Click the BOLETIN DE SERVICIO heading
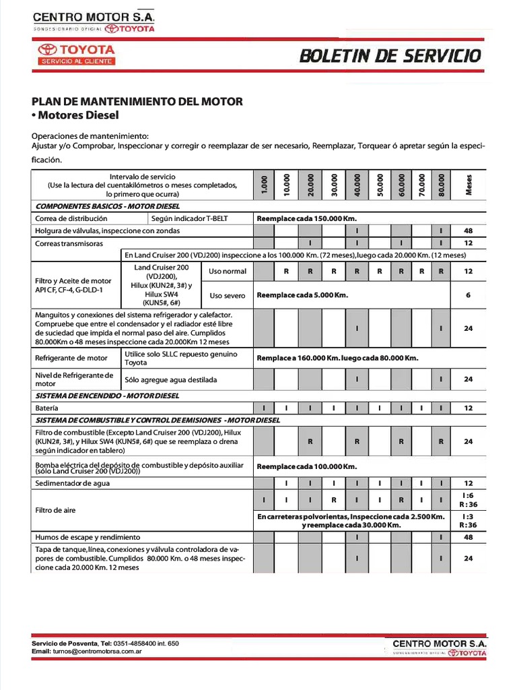[x=390, y=56]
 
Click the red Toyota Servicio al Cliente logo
[x=76, y=55]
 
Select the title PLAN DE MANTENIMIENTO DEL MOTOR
[x=137, y=101]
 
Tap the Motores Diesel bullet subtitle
[x=75, y=115]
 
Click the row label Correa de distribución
[x=71, y=218]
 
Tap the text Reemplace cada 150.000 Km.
[x=306, y=218]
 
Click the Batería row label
[x=46, y=408]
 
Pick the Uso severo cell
[x=228, y=295]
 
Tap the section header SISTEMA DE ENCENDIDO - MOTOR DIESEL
[x=107, y=396]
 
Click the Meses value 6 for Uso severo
[x=469, y=295]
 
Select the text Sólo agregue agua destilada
[x=171, y=379]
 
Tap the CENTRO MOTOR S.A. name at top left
[x=94, y=17]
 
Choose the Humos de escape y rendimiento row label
[x=88, y=537]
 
